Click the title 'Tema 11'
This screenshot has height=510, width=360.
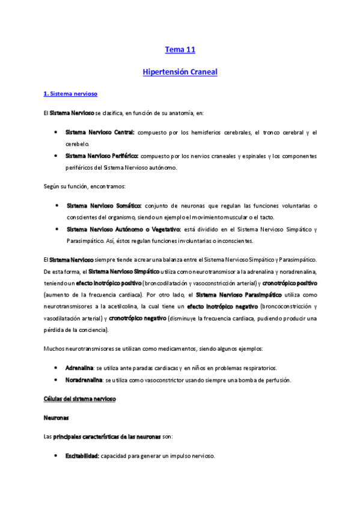pos(180,50)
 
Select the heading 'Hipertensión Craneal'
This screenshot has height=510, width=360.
pos(180,72)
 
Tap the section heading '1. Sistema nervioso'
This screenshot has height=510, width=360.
pos(70,94)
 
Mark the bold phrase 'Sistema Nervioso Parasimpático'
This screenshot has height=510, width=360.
pos(239,295)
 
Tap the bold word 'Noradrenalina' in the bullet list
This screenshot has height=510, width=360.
pos(84,380)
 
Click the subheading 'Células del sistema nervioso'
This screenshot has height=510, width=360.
pos(80,399)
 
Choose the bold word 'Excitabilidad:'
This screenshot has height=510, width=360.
pos(82,456)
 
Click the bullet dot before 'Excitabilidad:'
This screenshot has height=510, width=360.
pos(56,456)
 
